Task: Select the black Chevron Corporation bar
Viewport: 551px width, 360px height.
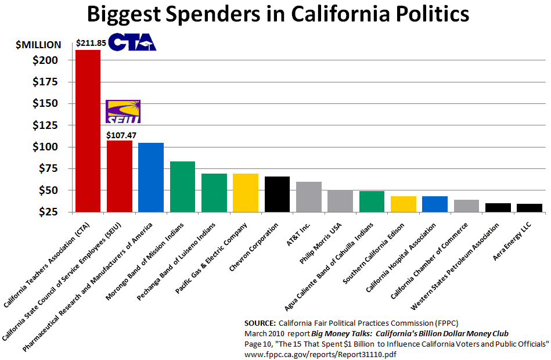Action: coord(277,195)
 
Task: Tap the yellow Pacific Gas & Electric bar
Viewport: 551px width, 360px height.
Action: coord(245,193)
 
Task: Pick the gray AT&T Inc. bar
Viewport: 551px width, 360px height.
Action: coord(308,197)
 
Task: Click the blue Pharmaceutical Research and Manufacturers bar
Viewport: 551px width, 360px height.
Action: coord(151,177)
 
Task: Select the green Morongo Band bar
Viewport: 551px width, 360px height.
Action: coord(182,186)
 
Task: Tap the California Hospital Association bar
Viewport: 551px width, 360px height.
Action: coord(434,204)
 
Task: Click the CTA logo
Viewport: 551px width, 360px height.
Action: coord(132,42)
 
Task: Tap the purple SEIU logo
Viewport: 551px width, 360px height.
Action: coord(123,111)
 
